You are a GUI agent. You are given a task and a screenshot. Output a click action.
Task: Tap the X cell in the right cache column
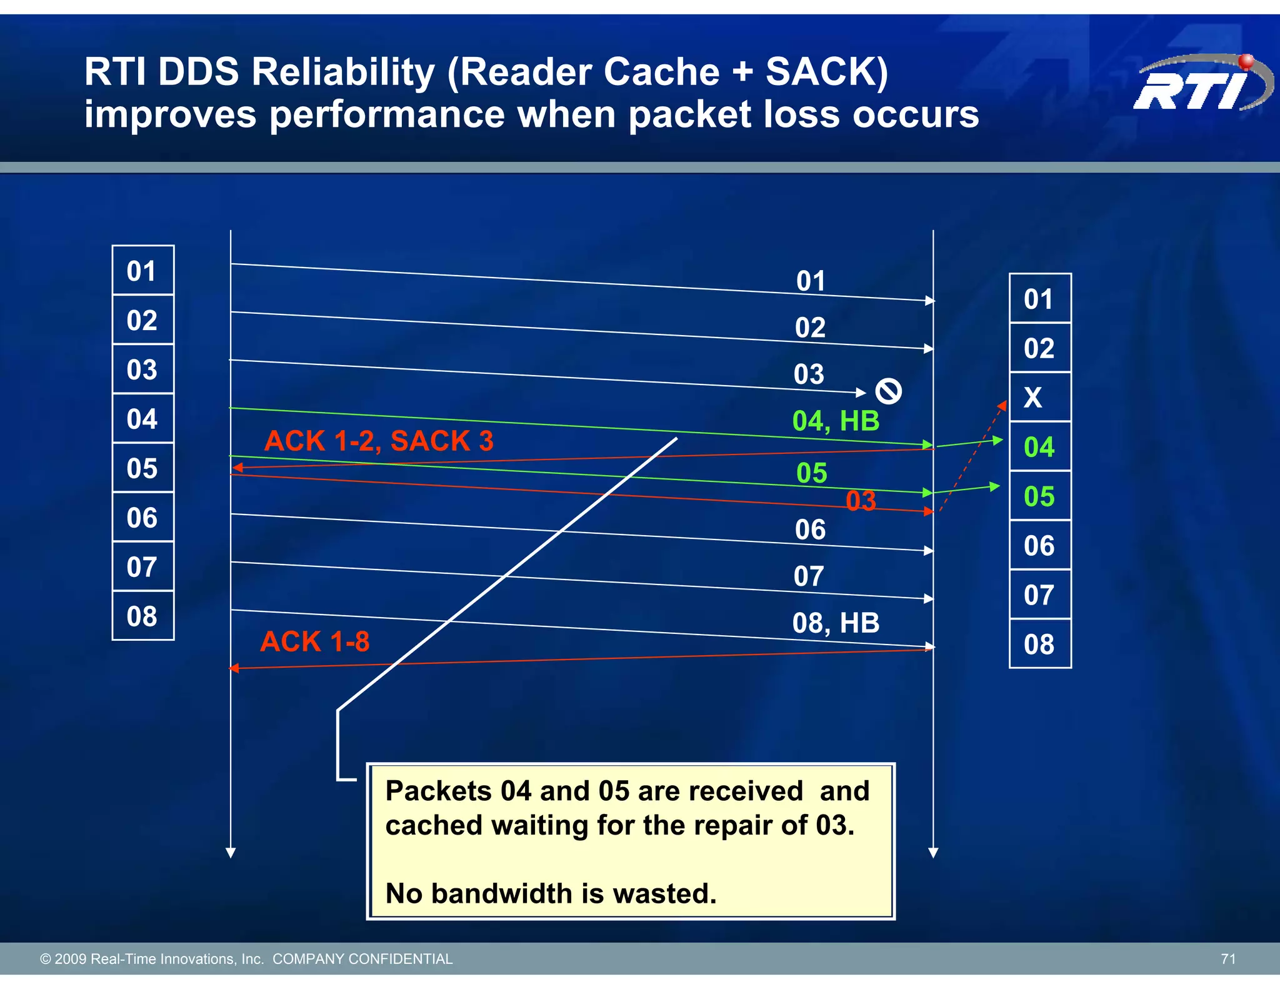tap(1039, 397)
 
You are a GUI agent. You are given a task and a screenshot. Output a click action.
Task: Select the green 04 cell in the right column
tap(1039, 446)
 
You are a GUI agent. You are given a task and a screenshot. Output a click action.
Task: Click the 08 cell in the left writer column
tap(142, 616)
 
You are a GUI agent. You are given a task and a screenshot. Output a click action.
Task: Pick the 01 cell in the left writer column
tap(142, 271)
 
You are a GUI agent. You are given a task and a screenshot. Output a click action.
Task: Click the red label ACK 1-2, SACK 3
tap(379, 441)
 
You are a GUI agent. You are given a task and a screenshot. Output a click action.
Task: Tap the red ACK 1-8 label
tap(315, 641)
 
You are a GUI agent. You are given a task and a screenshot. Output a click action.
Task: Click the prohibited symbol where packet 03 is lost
tap(888, 391)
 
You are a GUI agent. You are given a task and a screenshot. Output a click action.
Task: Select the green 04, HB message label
tap(836, 421)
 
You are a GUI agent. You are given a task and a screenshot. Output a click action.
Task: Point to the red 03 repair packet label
tap(861, 501)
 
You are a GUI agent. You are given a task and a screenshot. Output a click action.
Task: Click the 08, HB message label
tap(836, 623)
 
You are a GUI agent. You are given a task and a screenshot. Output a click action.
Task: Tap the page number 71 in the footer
tap(1228, 959)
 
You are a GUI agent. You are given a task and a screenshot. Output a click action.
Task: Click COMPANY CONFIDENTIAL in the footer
tap(362, 959)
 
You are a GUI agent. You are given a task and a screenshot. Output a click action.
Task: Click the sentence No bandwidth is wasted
tap(551, 893)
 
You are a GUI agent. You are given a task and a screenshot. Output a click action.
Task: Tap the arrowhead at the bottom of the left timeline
tap(231, 853)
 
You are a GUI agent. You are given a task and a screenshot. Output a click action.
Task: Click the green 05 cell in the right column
tap(1039, 496)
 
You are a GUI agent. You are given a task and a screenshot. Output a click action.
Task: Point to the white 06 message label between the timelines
tap(810, 530)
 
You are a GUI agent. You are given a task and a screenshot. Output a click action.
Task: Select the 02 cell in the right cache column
tap(1039, 348)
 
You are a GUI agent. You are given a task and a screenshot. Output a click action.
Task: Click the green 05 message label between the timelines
tap(811, 473)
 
